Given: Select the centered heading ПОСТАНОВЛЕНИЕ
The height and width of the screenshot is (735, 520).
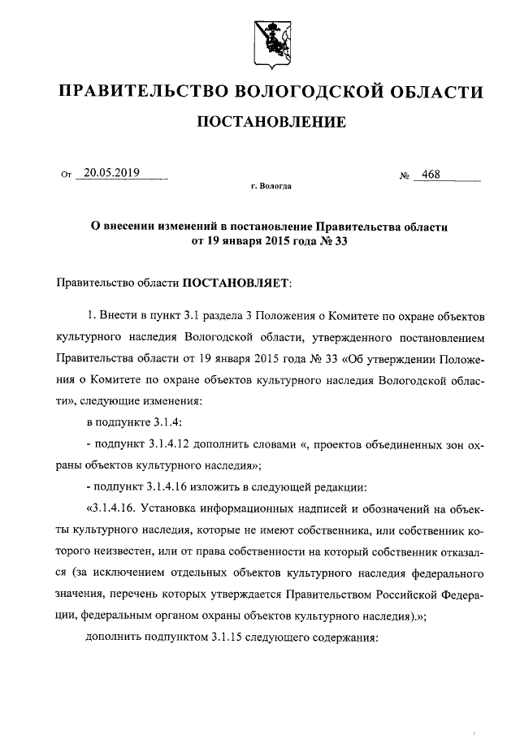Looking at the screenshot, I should pyautogui.click(x=271, y=123).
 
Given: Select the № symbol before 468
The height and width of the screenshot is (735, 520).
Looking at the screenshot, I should pyautogui.click(x=404, y=175).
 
